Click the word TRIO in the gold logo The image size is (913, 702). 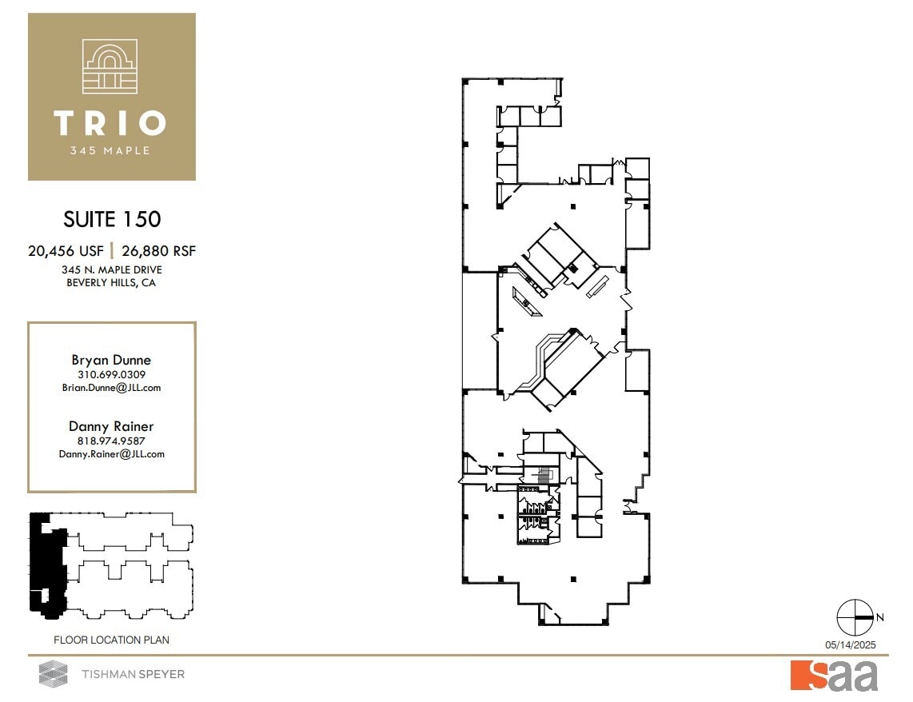tap(110, 123)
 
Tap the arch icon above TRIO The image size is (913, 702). tap(110, 67)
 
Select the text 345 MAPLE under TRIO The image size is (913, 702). tap(110, 150)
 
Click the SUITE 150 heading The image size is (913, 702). tap(112, 218)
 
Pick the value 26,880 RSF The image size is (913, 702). tap(159, 251)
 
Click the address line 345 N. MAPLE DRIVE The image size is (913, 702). tap(112, 270)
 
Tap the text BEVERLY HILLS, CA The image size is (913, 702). tap(112, 283)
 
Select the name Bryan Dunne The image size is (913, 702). tap(111, 360)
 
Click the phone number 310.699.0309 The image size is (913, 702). tap(111, 374)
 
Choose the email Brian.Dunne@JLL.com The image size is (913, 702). tap(111, 387)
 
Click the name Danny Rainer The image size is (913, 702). tap(111, 427)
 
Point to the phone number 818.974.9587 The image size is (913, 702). tap(111, 441)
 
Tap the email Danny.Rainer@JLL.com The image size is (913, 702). tap(111, 453)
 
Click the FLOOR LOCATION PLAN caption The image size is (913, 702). tap(111, 640)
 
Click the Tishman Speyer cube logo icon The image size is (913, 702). tap(54, 674)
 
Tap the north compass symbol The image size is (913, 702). tap(854, 617)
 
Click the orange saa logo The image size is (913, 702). tap(834, 676)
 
